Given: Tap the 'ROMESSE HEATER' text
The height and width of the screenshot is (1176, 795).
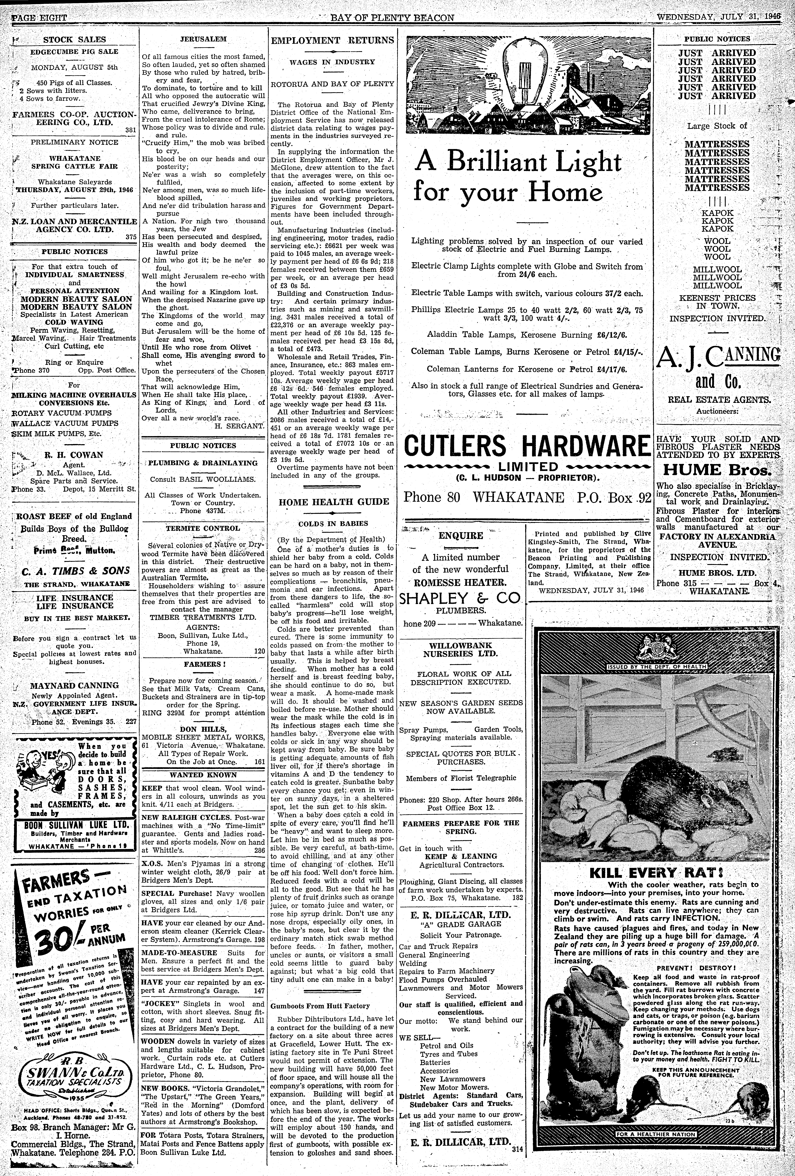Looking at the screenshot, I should pyautogui.click(x=460, y=582).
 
